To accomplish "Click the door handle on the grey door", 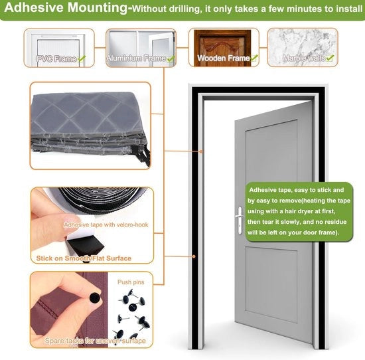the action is coord(240,221).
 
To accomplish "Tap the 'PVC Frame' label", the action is coord(56,59).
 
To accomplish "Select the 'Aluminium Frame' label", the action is coord(136,58).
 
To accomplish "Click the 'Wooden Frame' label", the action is coord(224,58).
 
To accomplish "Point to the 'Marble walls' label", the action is coord(304,58).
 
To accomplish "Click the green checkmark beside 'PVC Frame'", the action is coord(82,58).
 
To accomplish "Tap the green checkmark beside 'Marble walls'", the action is coord(330,58).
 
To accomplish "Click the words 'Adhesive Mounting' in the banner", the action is coord(66,7).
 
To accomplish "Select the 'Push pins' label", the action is coord(131,282).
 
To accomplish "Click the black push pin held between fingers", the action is coord(95,298).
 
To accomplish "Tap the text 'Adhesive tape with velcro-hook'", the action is coord(106,225).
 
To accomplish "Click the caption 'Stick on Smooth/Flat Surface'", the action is coord(84,258).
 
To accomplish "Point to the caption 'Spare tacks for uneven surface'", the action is coord(95,341).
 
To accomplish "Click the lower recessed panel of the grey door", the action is coord(271,285).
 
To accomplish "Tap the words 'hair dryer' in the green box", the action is coord(299,211).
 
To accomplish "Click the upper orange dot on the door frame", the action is coord(201,151).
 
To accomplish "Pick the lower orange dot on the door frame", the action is coord(194,256).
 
